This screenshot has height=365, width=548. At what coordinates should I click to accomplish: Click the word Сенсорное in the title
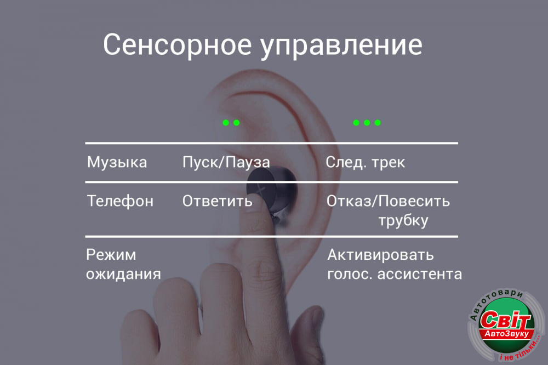coord(177,44)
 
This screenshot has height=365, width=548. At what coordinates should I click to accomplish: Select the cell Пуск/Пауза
coord(226,162)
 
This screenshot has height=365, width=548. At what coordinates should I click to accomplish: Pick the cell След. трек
coord(365,162)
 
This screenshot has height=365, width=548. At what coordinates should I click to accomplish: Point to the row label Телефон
coord(120,201)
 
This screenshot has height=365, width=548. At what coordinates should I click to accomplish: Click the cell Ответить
coord(217,201)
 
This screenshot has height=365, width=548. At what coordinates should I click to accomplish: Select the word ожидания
coord(123,275)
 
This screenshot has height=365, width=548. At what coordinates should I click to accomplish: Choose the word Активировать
coord(380,254)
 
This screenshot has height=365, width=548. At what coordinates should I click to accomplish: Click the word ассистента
coord(419,274)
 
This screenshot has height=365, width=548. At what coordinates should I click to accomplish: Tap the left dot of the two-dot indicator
coord(226,122)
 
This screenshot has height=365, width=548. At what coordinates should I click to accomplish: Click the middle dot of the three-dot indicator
coord(367,122)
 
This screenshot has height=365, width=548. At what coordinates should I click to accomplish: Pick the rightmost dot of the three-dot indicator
coord(378,122)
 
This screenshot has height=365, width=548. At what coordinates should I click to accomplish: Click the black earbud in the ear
coord(272,191)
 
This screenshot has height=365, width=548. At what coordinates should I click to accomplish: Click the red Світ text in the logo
coord(505,320)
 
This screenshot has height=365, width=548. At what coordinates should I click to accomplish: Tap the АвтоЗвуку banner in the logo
coord(506,334)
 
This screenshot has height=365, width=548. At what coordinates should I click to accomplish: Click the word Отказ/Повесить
coord(389,201)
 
